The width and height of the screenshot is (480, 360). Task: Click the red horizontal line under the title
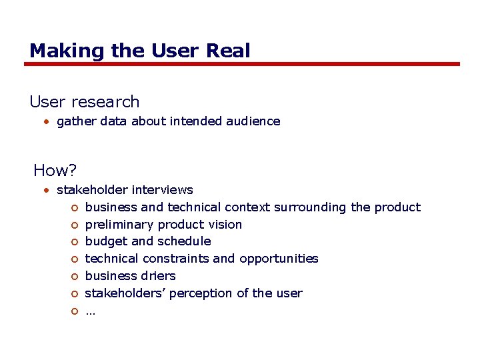(x=242, y=64)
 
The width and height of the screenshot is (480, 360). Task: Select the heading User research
(x=85, y=102)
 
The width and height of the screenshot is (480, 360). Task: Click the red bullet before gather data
(x=47, y=121)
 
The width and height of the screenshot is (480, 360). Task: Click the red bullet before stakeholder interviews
(x=47, y=191)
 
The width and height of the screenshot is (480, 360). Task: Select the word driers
(x=158, y=276)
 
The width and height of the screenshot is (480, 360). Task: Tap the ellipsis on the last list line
(x=91, y=311)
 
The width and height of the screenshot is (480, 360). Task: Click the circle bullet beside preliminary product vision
(x=75, y=225)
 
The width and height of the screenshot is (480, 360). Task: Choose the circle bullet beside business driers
(x=75, y=277)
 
